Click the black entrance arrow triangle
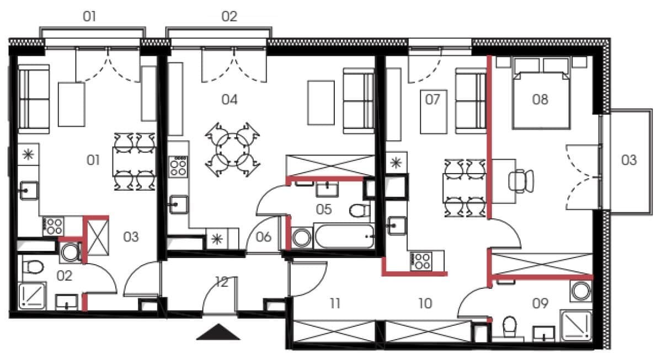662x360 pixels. click(218, 332)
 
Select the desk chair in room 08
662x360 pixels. click(521, 181)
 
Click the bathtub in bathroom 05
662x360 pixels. click(344, 236)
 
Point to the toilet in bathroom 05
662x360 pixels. click(359, 211)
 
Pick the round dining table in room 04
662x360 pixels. click(232, 150)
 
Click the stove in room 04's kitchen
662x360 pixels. click(178, 167)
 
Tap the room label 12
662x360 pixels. click(222, 282)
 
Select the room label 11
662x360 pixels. click(335, 303)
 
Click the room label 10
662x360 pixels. click(425, 303)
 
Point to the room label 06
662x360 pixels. click(264, 237)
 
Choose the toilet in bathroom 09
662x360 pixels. click(509, 327)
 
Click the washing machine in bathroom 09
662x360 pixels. click(581, 291)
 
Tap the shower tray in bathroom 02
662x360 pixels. click(32, 296)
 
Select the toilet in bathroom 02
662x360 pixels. click(33, 267)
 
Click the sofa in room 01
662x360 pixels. click(34, 99)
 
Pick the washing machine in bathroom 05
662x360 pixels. click(301, 238)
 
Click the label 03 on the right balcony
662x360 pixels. click(628, 160)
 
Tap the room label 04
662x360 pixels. click(229, 100)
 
